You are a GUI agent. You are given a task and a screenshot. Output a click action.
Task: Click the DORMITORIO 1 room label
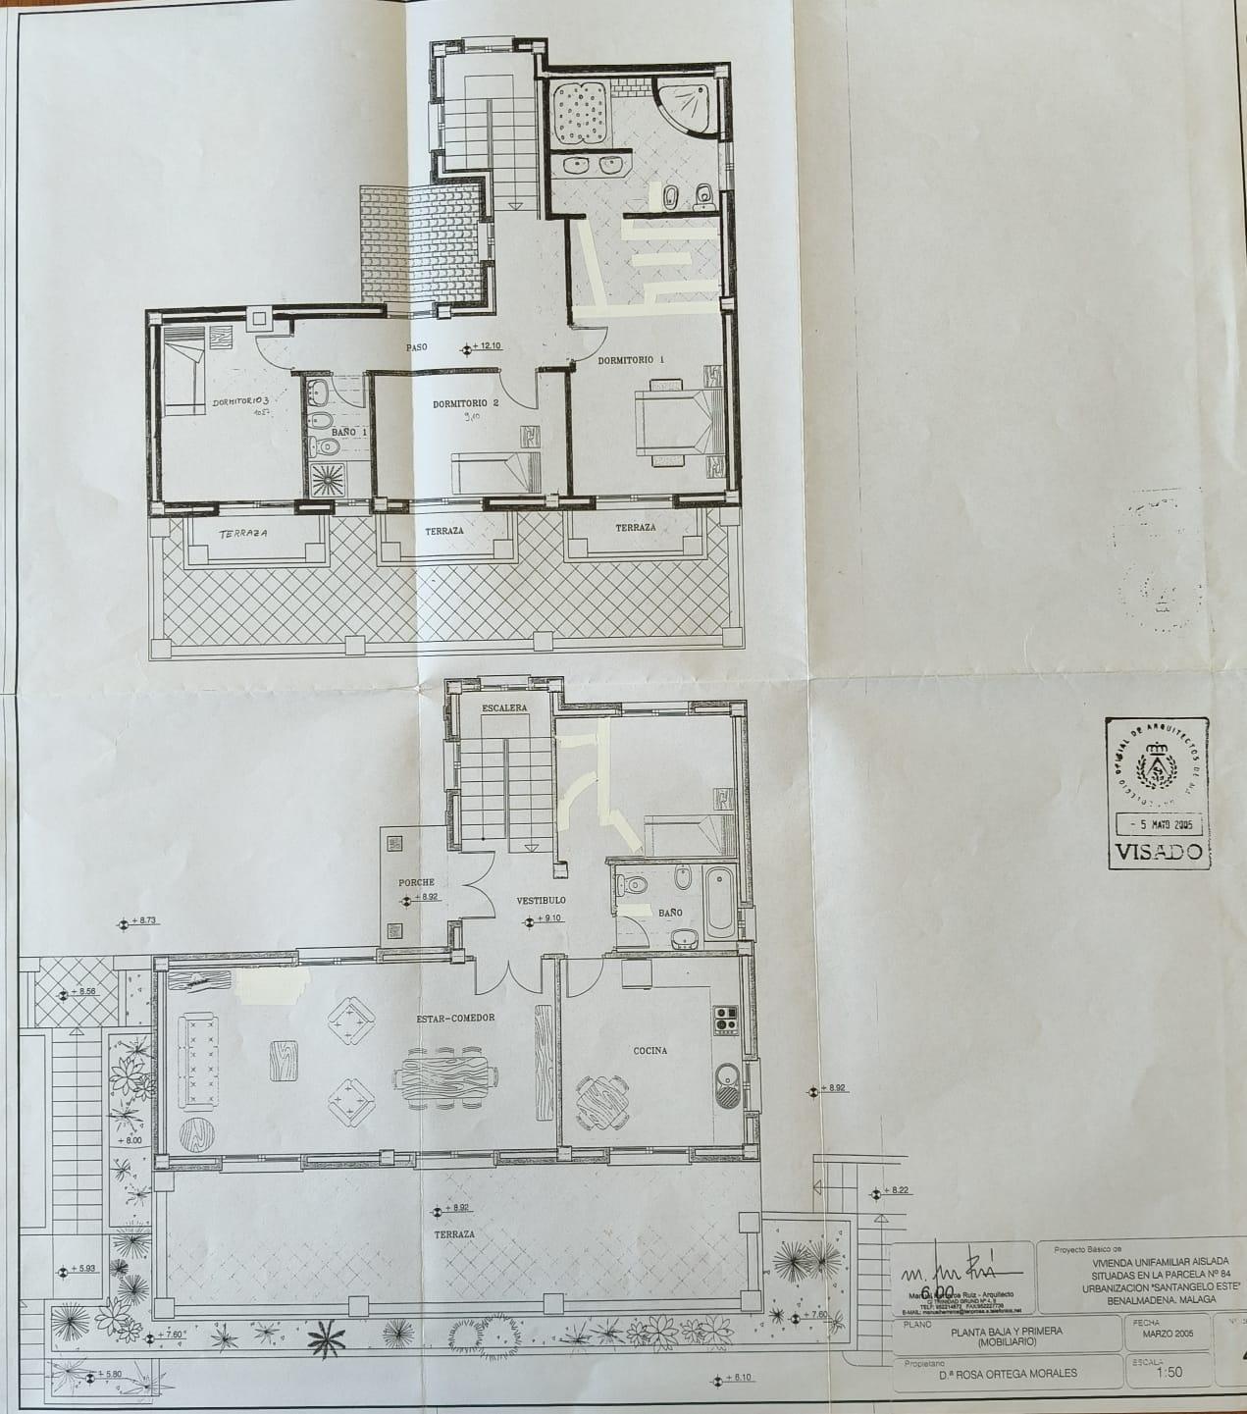(632, 360)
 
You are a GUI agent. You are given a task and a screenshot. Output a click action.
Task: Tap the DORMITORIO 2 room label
(467, 403)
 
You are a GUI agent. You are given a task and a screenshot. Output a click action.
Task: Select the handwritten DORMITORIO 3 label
(240, 402)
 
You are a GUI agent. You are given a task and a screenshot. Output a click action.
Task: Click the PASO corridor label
(422, 347)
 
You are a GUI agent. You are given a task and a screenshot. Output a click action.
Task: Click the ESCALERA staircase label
(505, 707)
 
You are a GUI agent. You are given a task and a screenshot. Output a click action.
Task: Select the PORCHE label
(416, 882)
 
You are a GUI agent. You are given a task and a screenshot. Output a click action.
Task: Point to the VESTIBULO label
(542, 900)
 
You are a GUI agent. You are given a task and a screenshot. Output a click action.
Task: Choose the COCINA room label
(649, 1050)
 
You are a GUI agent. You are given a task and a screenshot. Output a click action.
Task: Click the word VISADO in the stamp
(1159, 851)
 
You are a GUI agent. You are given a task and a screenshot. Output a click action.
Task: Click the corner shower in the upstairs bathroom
(688, 107)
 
